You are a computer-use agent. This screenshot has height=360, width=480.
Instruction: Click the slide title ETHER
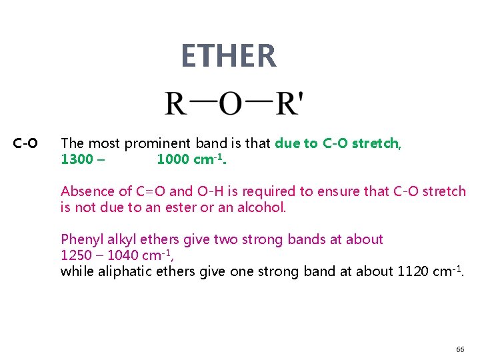tap(228, 56)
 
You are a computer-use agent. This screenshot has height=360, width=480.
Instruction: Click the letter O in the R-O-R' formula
tap(231, 104)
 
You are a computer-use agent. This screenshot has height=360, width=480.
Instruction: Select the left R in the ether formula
tap(176, 104)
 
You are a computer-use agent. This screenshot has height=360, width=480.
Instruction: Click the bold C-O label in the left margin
tap(25, 143)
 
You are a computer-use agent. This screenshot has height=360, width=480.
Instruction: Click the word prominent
tap(157, 143)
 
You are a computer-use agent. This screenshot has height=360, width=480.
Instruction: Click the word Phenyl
tap(81, 239)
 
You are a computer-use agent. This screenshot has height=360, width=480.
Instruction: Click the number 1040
tap(121, 255)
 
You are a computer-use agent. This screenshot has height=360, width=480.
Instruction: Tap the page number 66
tap(460, 349)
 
